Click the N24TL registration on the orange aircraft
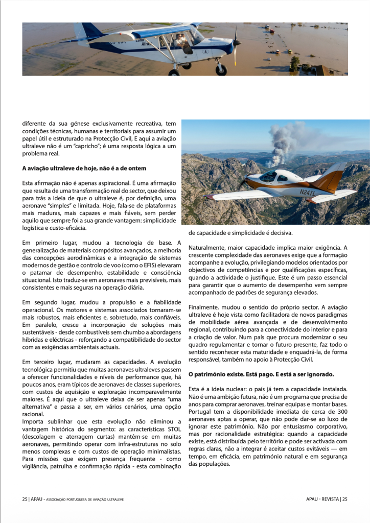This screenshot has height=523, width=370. tap(308, 192)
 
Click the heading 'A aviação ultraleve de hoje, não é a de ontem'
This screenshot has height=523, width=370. tap(84, 168)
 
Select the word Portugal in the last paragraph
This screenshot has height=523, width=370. tap(201, 412)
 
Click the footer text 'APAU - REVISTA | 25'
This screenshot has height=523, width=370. tap(323, 499)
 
